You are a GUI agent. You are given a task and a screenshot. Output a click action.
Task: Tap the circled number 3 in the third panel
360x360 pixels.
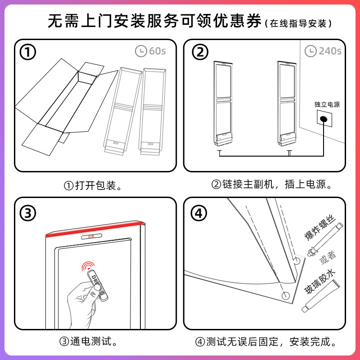[x=27, y=213]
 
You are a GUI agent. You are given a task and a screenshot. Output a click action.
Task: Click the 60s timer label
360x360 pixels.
[x=151, y=51]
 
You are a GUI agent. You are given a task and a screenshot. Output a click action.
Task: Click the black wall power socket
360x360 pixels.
[x=323, y=120]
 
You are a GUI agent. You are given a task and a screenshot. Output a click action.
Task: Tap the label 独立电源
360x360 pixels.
[x=327, y=104]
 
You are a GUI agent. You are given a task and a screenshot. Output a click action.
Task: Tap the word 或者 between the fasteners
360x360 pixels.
[x=328, y=257]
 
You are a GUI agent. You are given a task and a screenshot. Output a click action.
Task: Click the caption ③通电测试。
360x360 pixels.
[x=90, y=342]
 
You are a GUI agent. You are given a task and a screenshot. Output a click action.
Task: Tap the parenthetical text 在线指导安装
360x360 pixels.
[x=299, y=22]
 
